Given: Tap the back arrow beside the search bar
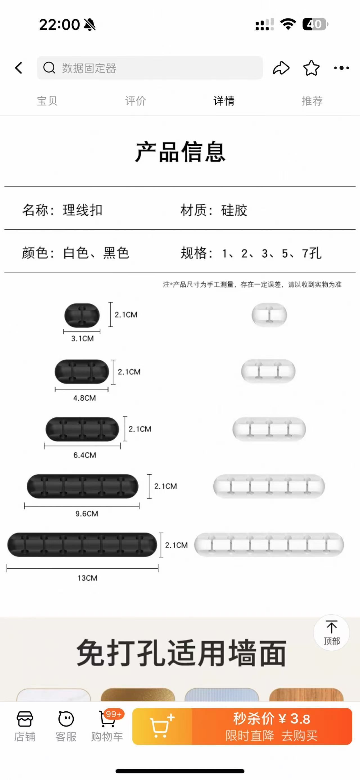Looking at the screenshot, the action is (x=19, y=68).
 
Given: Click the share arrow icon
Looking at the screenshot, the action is (x=281, y=68).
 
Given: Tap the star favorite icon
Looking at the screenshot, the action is (x=311, y=68).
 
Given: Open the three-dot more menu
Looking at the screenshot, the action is (x=341, y=68).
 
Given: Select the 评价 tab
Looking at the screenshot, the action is (x=135, y=101).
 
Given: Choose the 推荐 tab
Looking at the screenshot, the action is (x=312, y=101).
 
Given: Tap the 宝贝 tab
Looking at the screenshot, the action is (x=47, y=101).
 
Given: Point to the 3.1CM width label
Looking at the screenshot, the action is (x=82, y=339).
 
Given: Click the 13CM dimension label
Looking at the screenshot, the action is (x=87, y=578).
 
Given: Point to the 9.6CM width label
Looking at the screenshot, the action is (x=87, y=513).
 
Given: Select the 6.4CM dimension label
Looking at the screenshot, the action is (x=85, y=455).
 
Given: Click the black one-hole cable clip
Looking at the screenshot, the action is (x=82, y=315).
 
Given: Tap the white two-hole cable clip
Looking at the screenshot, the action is (x=268, y=371).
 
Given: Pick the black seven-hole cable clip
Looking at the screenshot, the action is (x=82, y=545).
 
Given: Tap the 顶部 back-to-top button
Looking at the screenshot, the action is (x=332, y=633).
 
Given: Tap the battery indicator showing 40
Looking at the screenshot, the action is (x=315, y=24).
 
